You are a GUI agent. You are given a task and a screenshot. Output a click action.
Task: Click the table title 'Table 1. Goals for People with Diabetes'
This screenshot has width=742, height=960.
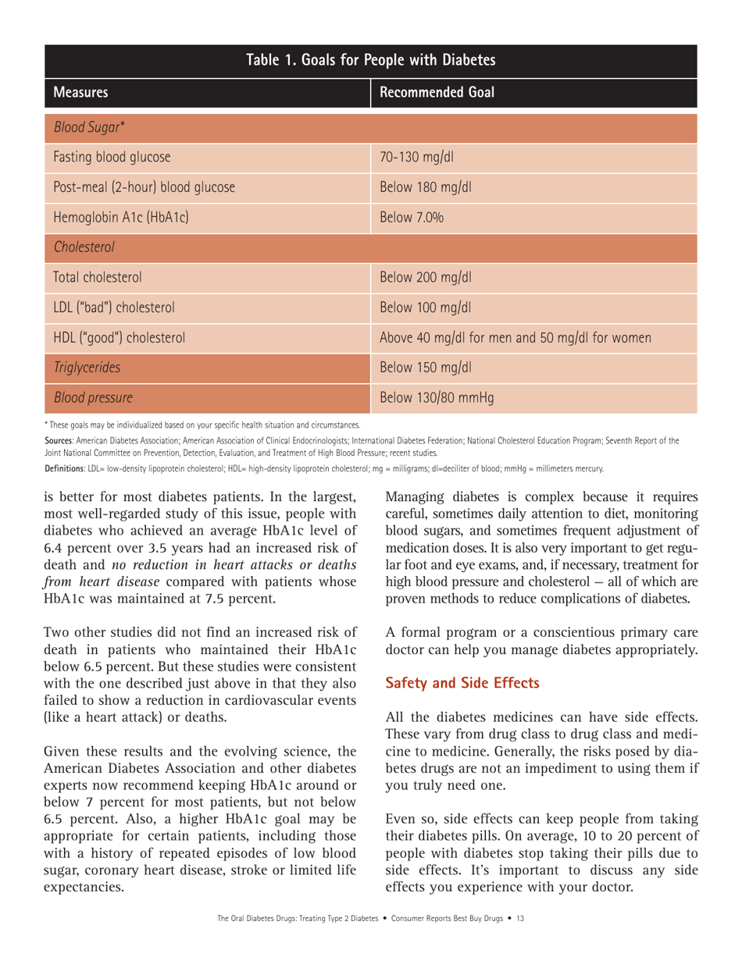pyautogui.click(x=370, y=59)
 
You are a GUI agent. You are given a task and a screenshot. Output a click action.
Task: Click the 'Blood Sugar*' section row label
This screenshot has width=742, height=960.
pyautogui.click(x=83, y=128)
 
